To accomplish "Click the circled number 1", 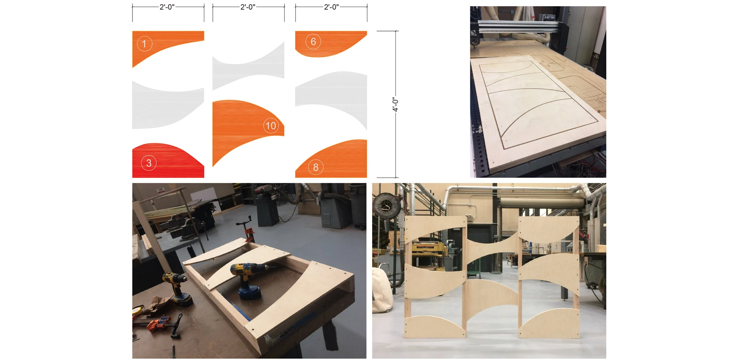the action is tap(144, 43).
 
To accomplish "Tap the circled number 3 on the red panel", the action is tap(149, 163).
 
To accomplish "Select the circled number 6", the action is tap(313, 42).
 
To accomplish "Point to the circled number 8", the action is tap(315, 167).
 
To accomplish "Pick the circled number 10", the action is tap(271, 125).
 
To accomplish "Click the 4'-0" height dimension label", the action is tap(395, 104).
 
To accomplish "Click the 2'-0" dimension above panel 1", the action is tap(167, 7).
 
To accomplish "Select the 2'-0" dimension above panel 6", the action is tap(331, 7).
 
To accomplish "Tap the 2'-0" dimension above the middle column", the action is tap(248, 7).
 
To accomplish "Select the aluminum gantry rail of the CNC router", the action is tap(519, 26).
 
